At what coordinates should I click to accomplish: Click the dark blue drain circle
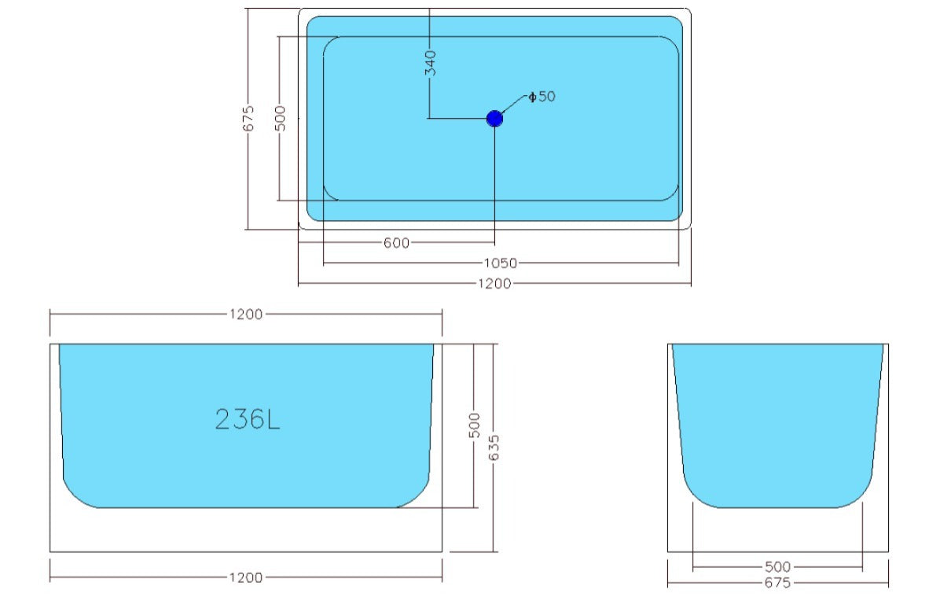click(x=494, y=119)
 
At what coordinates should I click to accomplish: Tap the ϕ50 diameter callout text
click(x=542, y=97)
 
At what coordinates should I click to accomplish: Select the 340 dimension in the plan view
click(x=430, y=63)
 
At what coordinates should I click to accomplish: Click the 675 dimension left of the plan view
click(x=249, y=119)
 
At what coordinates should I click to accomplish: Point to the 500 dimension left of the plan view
click(x=281, y=119)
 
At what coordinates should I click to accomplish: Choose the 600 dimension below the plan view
click(x=397, y=243)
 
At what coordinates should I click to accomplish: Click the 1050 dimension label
click(x=501, y=263)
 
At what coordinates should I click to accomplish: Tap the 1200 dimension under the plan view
click(x=494, y=284)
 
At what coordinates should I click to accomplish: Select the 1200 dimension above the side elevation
click(x=246, y=315)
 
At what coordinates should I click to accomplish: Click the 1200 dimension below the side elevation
click(x=246, y=578)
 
